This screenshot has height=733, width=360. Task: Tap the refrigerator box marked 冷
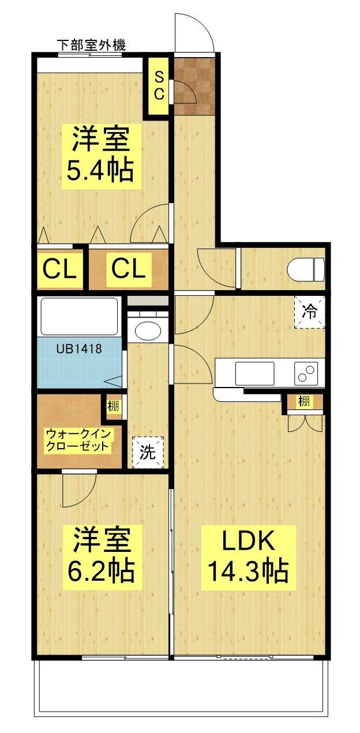[310, 312]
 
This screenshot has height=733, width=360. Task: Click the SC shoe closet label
[159, 86]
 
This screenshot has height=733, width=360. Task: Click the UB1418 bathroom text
[79, 348]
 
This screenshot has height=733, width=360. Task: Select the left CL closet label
[60, 269]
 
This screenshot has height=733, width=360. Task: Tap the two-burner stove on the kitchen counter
[306, 373]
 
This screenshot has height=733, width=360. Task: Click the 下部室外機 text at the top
[91, 45]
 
